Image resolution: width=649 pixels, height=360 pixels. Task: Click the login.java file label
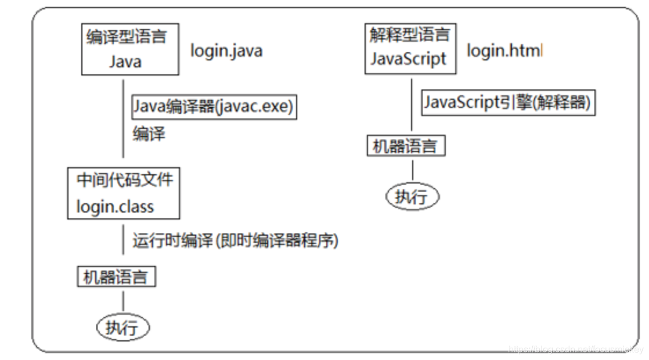pyautogui.click(x=226, y=51)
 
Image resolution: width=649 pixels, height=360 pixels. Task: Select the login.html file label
pyautogui.click(x=504, y=51)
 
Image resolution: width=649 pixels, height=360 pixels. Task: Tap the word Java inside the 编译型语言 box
pyautogui.click(x=125, y=62)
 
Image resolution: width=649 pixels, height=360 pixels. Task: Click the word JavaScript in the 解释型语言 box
pyautogui.click(x=408, y=59)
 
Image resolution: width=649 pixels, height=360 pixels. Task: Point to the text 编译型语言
pyautogui.click(x=126, y=37)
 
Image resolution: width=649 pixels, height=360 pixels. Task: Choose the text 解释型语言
pyautogui.click(x=409, y=34)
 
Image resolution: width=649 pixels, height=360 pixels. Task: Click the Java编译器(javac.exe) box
pyautogui.click(x=214, y=107)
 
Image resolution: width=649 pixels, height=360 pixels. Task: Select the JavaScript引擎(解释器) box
pyautogui.click(x=507, y=103)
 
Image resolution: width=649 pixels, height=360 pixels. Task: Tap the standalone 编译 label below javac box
pyautogui.click(x=149, y=134)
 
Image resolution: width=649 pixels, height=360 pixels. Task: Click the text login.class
pyautogui.click(x=115, y=207)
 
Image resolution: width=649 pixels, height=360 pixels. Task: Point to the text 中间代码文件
pyautogui.click(x=125, y=179)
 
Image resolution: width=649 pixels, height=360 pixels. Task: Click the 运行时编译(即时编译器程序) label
pyautogui.click(x=235, y=240)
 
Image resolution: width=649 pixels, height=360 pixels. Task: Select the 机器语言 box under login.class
pyautogui.click(x=117, y=276)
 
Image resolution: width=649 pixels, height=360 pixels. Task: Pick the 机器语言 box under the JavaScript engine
pyautogui.click(x=406, y=146)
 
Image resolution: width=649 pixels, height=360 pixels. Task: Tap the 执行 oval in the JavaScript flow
pyautogui.click(x=412, y=196)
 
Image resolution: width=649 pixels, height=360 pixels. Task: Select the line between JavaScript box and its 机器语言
pyautogui.click(x=412, y=105)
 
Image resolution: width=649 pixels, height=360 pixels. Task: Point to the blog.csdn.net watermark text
pyautogui.click(x=575, y=349)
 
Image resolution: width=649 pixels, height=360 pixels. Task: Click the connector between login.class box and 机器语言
pyautogui.click(x=123, y=242)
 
